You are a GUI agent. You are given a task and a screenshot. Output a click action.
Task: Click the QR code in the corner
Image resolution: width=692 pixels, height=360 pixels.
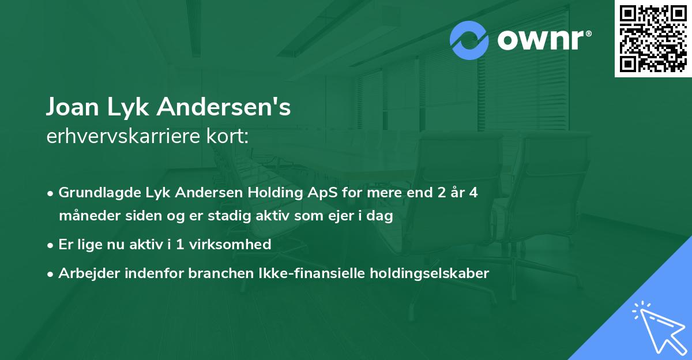click(653, 38)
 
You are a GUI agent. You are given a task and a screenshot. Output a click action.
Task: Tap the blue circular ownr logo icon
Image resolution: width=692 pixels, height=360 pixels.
click(469, 40)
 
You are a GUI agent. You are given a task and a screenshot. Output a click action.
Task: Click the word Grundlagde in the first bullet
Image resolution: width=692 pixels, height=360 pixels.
click(93, 193)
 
